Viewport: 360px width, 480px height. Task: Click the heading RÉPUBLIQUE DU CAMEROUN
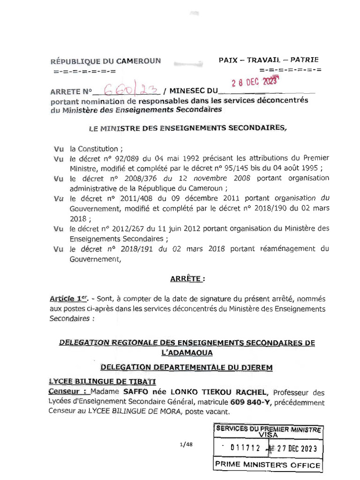coord(105,61)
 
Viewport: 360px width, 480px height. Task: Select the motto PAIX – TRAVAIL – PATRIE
coord(269,60)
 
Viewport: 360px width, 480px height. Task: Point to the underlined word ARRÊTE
coord(187,279)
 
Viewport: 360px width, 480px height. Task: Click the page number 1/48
coord(186,445)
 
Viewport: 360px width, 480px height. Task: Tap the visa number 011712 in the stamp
coord(245,448)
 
